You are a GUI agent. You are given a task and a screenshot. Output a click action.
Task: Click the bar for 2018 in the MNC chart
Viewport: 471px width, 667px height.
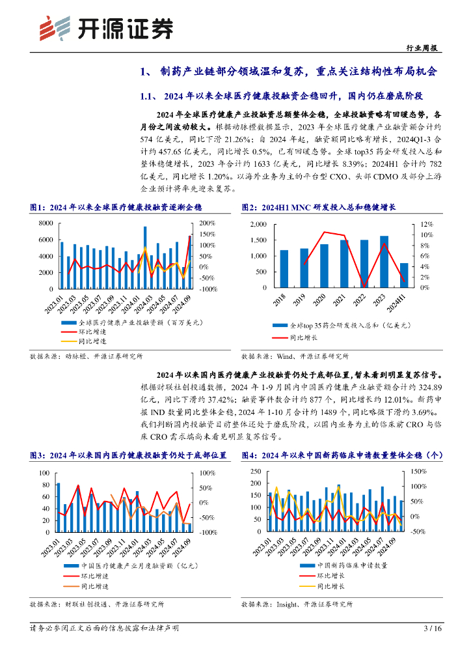pos(284,268)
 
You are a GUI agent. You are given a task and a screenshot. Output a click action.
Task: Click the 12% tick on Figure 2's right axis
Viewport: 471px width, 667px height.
pos(422,224)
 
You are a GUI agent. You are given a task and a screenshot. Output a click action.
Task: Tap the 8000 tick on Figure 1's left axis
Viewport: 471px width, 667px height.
pos(45,223)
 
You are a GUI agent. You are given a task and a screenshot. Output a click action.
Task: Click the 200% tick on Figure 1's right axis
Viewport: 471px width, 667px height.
pos(208,223)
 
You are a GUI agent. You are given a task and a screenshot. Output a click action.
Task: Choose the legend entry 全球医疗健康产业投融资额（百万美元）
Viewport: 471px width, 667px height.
pos(141,322)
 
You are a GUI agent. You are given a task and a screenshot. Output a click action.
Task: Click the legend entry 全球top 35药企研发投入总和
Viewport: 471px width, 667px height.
pos(348,324)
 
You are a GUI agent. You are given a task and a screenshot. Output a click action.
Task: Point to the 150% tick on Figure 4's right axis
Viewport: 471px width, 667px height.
pos(419,471)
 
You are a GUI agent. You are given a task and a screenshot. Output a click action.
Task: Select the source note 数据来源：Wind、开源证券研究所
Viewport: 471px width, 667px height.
pos(295,356)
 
